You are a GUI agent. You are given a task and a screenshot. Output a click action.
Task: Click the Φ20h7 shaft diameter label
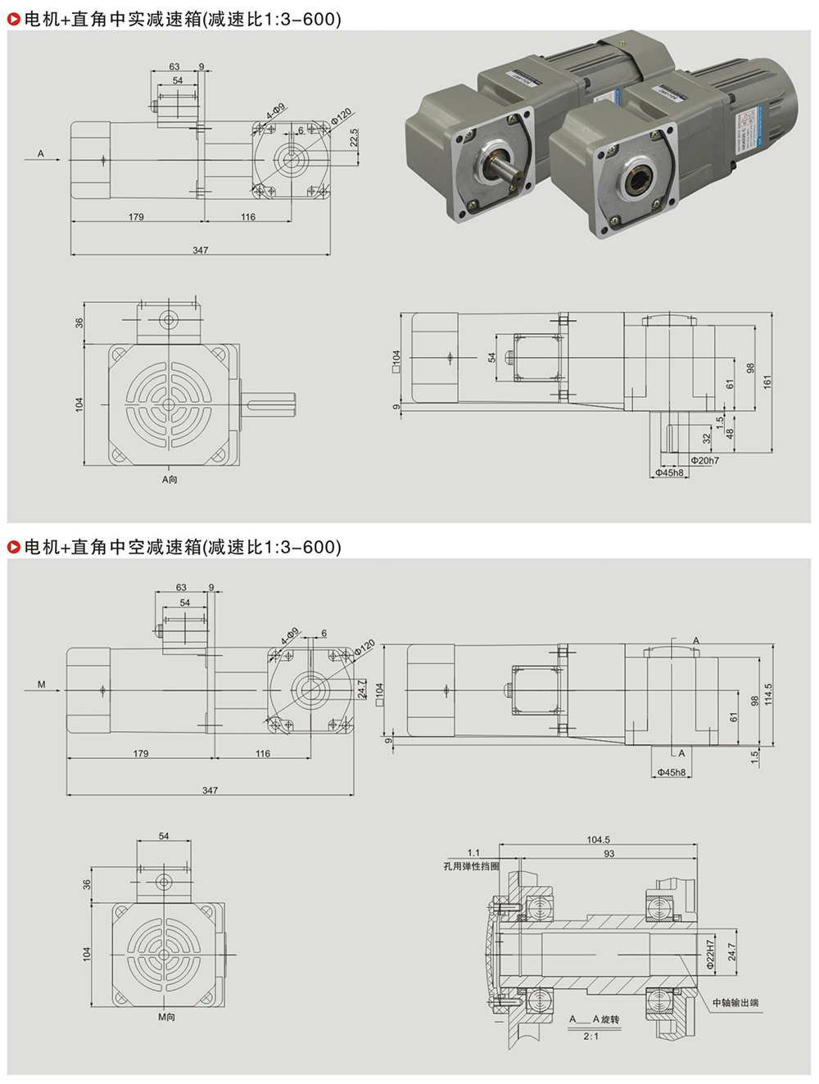pyautogui.click(x=704, y=461)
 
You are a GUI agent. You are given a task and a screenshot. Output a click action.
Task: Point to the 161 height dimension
pyautogui.click(x=767, y=382)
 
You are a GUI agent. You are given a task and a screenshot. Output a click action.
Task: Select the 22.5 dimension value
pyautogui.click(x=354, y=138)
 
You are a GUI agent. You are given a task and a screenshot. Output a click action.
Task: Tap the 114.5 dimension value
pyautogui.click(x=767, y=693)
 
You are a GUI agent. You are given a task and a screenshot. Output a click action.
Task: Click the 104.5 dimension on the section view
pyautogui.click(x=598, y=840)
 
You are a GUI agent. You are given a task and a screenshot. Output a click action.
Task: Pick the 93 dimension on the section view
pyautogui.click(x=609, y=854)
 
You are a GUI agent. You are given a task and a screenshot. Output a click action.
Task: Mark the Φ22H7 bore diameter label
pyautogui.click(x=711, y=955)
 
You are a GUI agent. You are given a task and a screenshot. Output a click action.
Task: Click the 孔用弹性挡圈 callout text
pyautogui.click(x=471, y=865)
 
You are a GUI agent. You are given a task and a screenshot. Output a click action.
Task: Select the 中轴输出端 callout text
pyautogui.click(x=735, y=1002)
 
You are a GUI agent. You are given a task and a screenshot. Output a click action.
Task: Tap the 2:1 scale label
pyautogui.click(x=590, y=1037)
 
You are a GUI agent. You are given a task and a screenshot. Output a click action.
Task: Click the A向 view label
pyautogui.click(x=170, y=480)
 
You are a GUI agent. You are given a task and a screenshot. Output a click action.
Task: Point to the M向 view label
pyautogui.click(x=166, y=1017)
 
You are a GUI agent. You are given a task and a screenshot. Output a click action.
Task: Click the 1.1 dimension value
pyautogui.click(x=473, y=852)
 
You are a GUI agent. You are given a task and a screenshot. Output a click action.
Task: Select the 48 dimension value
pyautogui.click(x=730, y=434)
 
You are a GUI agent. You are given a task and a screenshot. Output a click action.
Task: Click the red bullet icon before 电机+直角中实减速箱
pyautogui.click(x=14, y=19)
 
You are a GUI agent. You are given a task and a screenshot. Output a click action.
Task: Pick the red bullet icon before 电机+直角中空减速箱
pyautogui.click(x=14, y=547)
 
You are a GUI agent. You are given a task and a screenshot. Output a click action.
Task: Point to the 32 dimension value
pyautogui.click(x=707, y=439)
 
